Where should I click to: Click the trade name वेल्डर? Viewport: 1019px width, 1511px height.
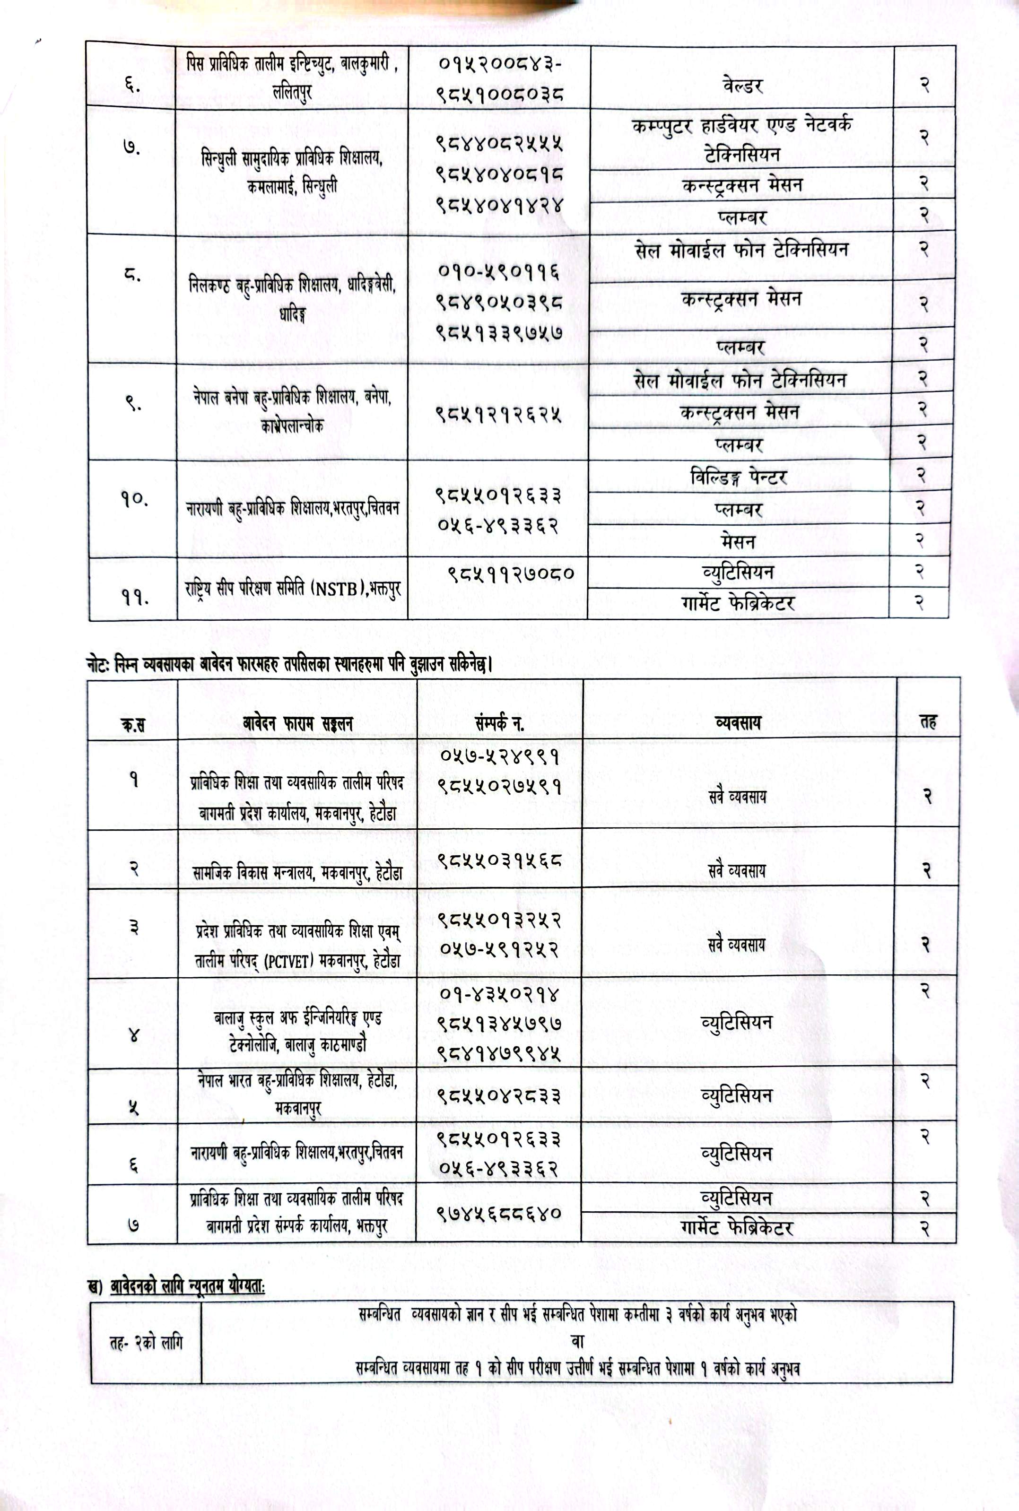[741, 85]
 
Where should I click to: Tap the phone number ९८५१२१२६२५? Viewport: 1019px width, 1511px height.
[498, 413]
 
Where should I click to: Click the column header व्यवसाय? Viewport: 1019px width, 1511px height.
[738, 722]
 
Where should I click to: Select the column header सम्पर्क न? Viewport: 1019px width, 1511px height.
[499, 723]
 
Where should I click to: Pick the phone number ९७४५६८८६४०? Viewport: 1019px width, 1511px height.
[498, 1212]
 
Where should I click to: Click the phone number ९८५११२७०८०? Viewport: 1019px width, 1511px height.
[512, 573]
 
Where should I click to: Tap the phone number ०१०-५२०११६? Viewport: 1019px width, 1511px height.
[498, 271]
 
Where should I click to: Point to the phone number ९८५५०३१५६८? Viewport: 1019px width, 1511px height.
[498, 861]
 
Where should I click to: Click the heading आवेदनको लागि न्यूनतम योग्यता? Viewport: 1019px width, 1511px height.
[187, 1285]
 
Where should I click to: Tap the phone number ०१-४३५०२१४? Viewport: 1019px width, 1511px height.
[498, 994]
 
